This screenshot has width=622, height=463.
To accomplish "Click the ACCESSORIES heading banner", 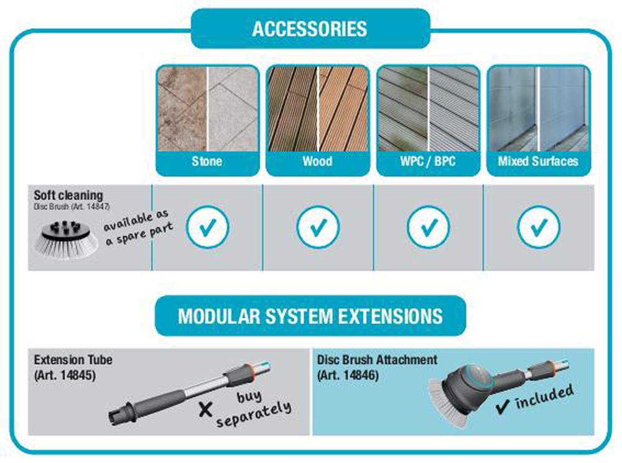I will point(310,29).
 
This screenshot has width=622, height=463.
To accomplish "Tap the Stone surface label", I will point(207,162).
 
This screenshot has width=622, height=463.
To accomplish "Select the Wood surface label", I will point(317,162).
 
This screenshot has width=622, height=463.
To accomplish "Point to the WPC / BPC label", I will point(427,162).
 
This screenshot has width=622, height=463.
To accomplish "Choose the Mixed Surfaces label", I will point(538,162).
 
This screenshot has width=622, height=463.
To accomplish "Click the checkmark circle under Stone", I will point(207,227).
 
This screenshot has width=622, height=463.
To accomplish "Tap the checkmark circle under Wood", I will point(318,227).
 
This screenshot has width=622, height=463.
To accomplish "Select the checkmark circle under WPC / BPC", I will point(428,227).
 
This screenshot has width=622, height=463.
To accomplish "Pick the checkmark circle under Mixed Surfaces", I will point(538,227).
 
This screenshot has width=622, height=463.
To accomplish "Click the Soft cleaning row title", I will point(68,195).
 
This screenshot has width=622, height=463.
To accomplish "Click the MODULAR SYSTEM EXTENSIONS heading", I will point(310,316).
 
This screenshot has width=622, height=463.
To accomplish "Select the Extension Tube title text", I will point(73,360).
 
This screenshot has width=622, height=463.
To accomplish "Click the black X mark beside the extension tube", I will point(205,409).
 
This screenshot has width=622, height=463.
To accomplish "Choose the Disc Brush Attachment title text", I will point(377,360).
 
